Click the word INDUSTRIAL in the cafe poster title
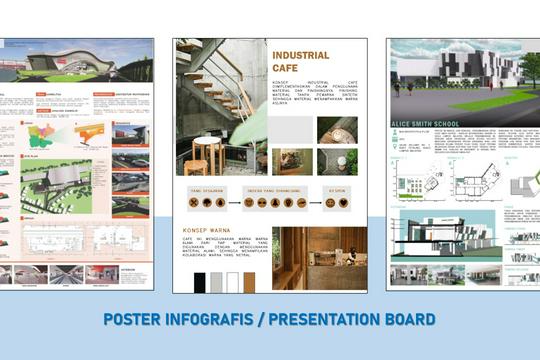click(x=301, y=56)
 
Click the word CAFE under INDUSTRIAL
click(x=285, y=69)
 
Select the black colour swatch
click(x=198, y=282)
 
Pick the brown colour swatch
click(x=249, y=282)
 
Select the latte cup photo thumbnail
click(x=337, y=161)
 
